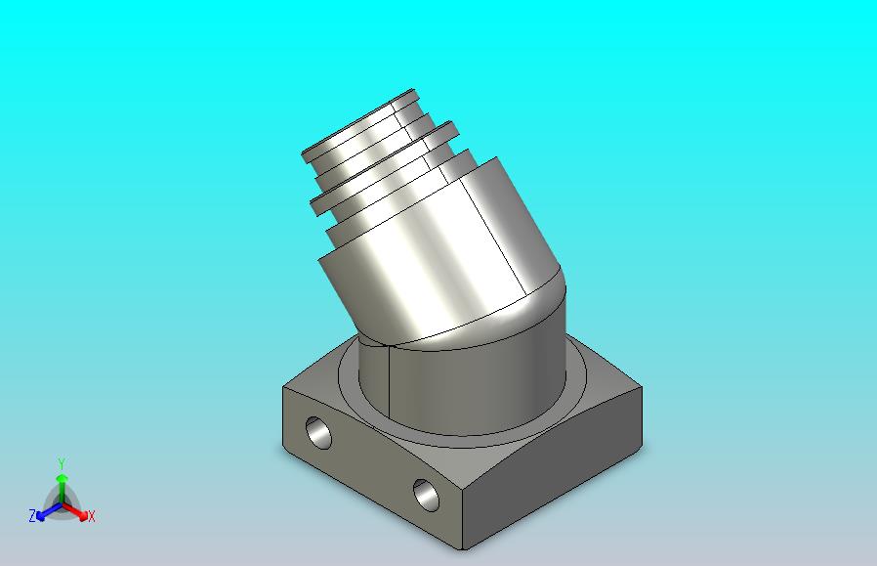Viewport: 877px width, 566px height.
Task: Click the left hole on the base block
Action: pos(318,432)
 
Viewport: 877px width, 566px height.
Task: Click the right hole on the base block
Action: pos(427,495)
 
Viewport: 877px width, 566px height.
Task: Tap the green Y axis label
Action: pos(62,463)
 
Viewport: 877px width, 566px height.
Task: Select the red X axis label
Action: pos(92,516)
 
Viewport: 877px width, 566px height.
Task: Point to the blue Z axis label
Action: pos(32,515)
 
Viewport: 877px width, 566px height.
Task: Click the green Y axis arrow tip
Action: pos(63,476)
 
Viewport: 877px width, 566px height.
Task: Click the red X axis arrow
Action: pos(75,510)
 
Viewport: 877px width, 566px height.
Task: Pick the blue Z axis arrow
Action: pos(49,510)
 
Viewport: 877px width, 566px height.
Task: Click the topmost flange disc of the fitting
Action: pos(359,125)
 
